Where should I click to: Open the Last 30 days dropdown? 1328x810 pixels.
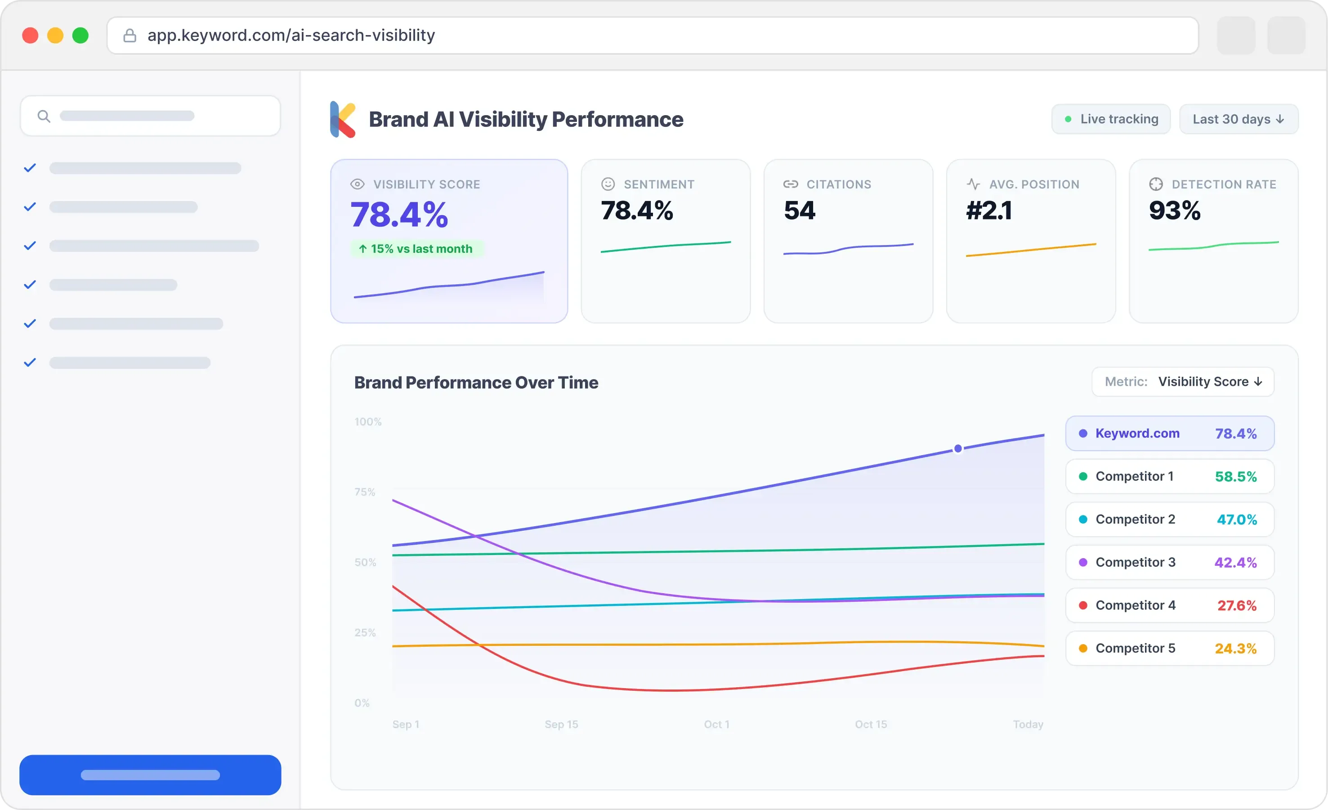click(1238, 119)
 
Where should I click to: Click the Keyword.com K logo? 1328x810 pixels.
click(343, 119)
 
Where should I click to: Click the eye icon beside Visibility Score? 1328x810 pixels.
click(358, 184)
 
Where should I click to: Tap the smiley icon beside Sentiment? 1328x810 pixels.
click(608, 184)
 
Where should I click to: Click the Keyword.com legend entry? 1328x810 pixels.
click(1170, 433)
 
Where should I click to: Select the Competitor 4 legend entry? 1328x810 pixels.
click(1170, 605)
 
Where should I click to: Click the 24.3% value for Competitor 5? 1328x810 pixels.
click(1235, 649)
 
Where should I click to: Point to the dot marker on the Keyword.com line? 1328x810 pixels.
click(958, 448)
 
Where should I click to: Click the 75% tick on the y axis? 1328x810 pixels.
click(365, 492)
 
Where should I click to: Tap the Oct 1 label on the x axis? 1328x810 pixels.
click(716, 724)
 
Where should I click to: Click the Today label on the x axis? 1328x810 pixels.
click(1028, 724)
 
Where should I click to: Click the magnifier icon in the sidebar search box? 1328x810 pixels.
click(44, 116)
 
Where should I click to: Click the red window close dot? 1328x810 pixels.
click(30, 36)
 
